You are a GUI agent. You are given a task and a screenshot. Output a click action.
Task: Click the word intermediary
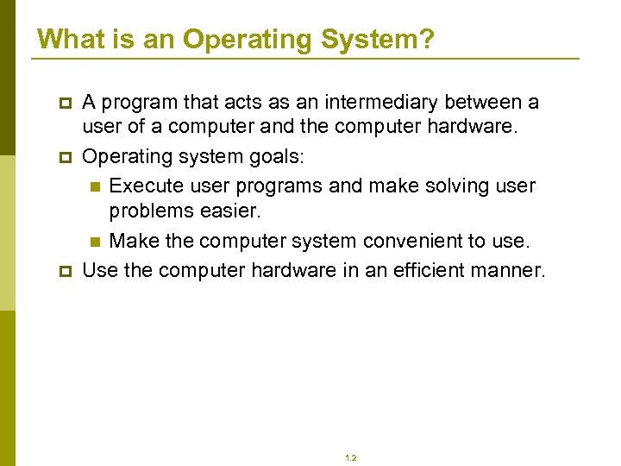pyautogui.click(x=377, y=102)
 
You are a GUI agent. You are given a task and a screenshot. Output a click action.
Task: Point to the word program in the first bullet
pyautogui.click(x=139, y=102)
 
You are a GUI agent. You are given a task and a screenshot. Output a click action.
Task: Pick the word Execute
pyautogui.click(x=146, y=186)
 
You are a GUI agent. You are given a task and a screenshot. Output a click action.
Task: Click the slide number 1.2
pyautogui.click(x=351, y=458)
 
